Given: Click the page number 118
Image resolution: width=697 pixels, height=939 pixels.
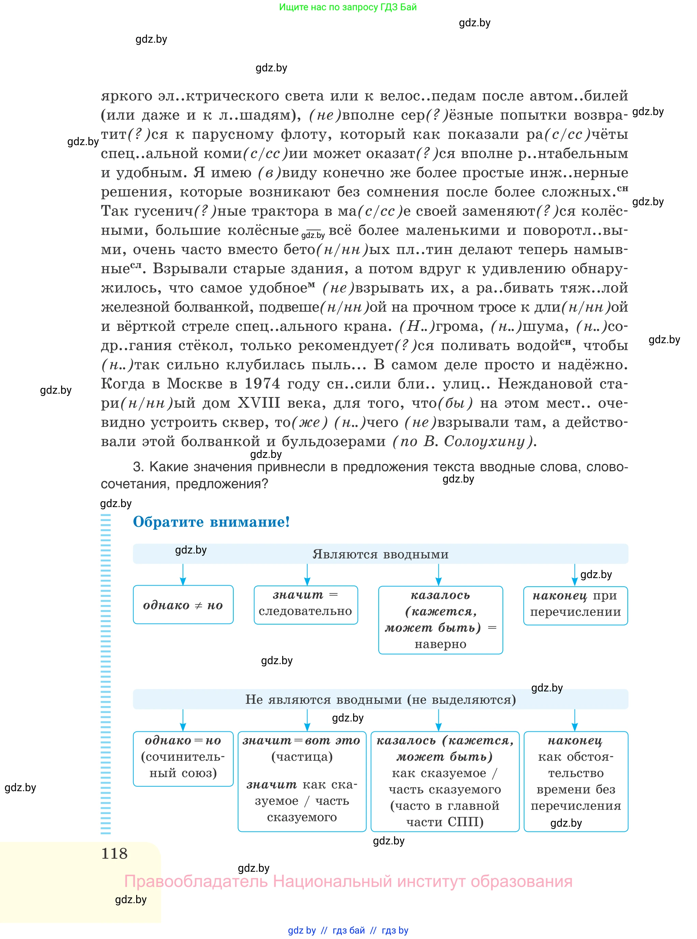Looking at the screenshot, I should pos(114,853).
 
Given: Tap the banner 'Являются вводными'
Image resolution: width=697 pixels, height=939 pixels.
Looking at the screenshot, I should pos(380,554).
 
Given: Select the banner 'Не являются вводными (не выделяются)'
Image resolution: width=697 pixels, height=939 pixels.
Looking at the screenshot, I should pos(380,700).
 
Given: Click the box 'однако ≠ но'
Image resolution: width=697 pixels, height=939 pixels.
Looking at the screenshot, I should pos(183,605).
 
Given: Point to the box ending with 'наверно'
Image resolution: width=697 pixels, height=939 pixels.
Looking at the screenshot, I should pos(440,620).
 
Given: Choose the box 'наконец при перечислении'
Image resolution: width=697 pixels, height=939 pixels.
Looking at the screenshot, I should pos(576,605).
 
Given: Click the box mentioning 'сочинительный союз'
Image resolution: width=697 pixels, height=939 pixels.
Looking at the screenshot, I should pos(183,759).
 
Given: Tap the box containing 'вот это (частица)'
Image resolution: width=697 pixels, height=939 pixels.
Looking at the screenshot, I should pos(302,781).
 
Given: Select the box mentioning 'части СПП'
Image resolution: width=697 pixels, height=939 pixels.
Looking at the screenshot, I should pos(445,781).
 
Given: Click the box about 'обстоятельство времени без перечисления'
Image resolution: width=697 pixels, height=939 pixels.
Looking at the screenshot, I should pos(576,781).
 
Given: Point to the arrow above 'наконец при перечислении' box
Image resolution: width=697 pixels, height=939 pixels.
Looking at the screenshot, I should pos(575,575).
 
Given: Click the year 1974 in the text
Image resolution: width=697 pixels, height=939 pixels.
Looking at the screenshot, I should pos(262,384).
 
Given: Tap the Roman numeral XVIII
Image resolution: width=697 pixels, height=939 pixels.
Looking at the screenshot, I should pos(259,403).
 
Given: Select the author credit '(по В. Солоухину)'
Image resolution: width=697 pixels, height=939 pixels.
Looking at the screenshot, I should pos(464,441).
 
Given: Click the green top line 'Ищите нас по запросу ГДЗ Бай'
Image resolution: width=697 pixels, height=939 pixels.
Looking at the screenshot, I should pos(348,7).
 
